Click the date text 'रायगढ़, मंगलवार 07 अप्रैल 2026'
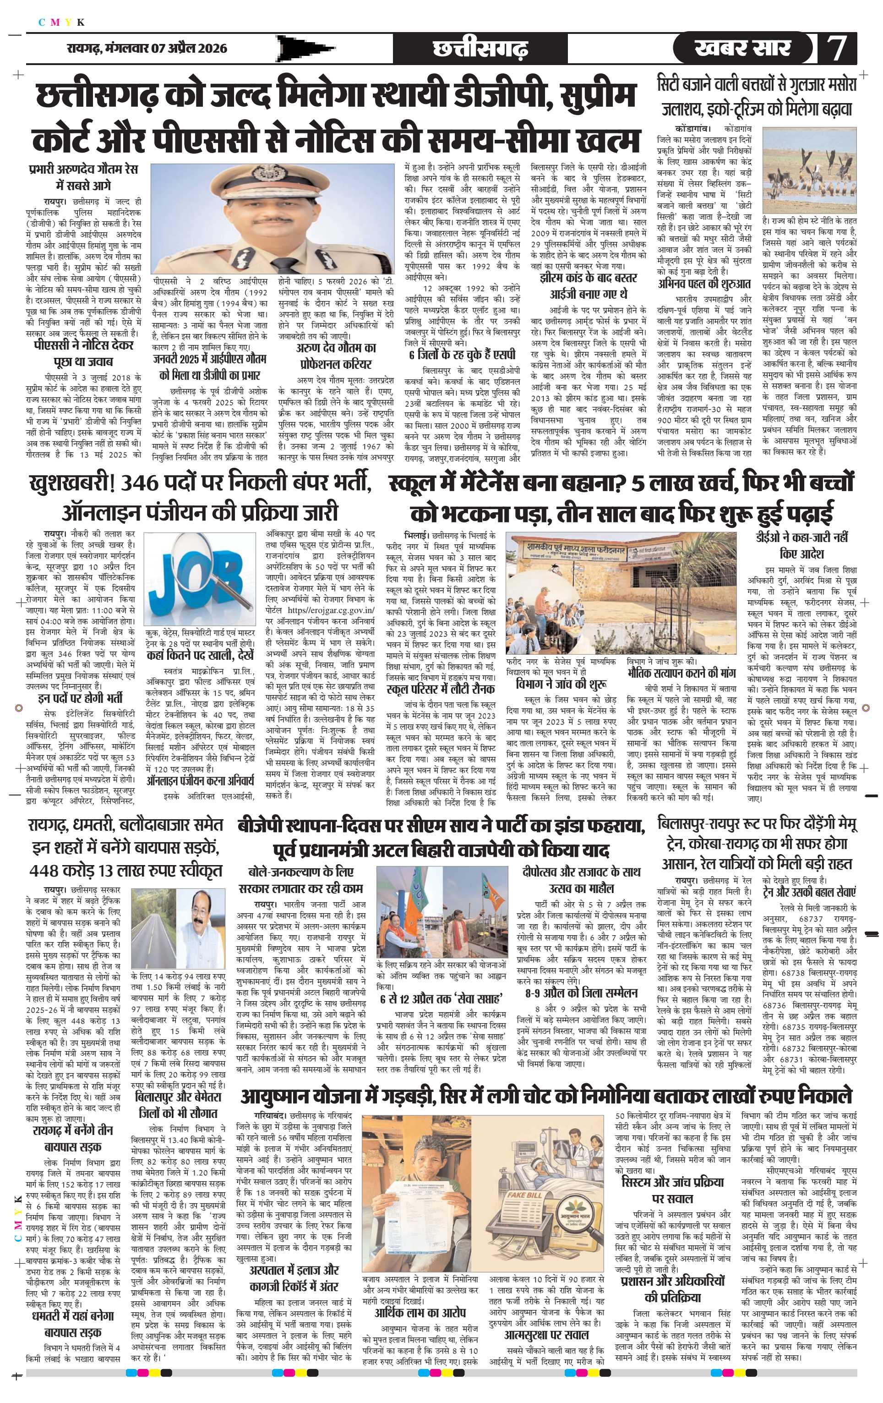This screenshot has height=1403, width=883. point(146,49)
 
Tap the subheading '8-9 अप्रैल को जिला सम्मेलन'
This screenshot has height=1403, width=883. point(581,993)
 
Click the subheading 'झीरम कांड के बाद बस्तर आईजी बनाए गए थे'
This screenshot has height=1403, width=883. point(589,285)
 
